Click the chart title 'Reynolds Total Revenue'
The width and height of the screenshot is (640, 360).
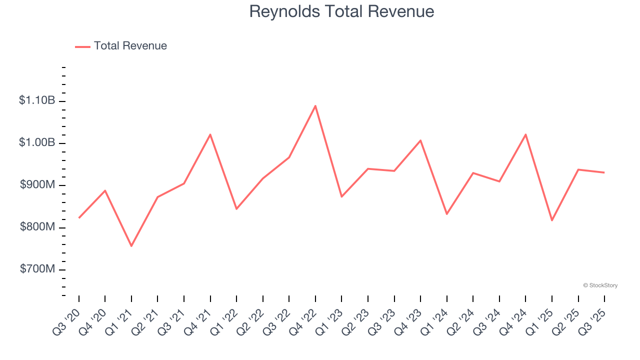pos(341,11)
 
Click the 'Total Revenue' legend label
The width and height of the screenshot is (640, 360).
pos(130,46)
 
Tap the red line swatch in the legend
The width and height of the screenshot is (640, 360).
pos(82,46)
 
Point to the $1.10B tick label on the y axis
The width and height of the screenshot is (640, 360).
pos(37,100)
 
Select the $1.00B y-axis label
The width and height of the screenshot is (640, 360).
pos(37,142)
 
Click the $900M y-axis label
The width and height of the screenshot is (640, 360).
pos(37,185)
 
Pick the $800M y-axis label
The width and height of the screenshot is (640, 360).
pos(37,227)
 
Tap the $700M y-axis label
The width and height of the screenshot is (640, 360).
pos(37,269)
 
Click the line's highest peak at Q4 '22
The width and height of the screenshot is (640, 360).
pos(315,105)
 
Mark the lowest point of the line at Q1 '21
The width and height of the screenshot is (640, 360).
pos(131,246)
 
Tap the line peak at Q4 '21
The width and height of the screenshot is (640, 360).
pos(210,134)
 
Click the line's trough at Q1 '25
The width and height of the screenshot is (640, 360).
pos(552,220)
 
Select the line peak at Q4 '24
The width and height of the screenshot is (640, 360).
pos(525,134)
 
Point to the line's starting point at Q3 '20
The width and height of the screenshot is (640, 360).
pos(79,218)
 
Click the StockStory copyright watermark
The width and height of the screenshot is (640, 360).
pos(600,285)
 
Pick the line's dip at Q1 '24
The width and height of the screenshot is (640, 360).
pos(446,214)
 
